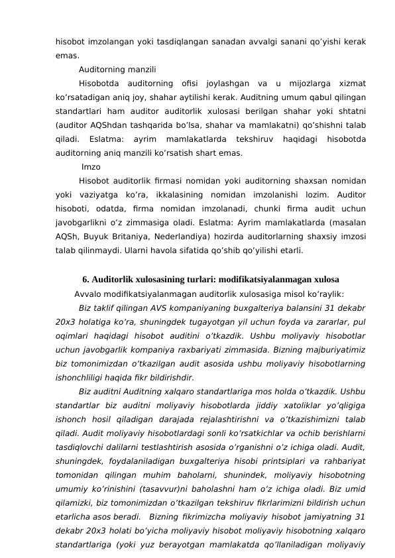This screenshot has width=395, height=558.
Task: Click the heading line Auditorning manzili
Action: [117, 69]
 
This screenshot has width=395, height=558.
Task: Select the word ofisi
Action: [190, 84]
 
